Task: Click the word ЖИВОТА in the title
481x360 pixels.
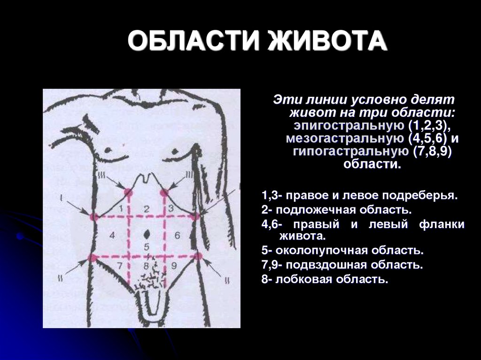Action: click(x=327, y=42)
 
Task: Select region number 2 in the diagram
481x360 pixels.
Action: click(x=146, y=208)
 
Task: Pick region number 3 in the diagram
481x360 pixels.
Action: click(x=171, y=208)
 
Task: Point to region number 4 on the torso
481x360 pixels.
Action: click(x=111, y=234)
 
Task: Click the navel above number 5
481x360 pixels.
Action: click(x=147, y=233)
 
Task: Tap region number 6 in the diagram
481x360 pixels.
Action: click(x=177, y=234)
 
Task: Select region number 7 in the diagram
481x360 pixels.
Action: click(x=120, y=266)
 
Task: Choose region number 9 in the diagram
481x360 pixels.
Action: click(x=173, y=266)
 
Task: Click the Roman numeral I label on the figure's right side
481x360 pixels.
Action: click(x=61, y=197)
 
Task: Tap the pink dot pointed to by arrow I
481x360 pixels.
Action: click(x=94, y=217)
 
